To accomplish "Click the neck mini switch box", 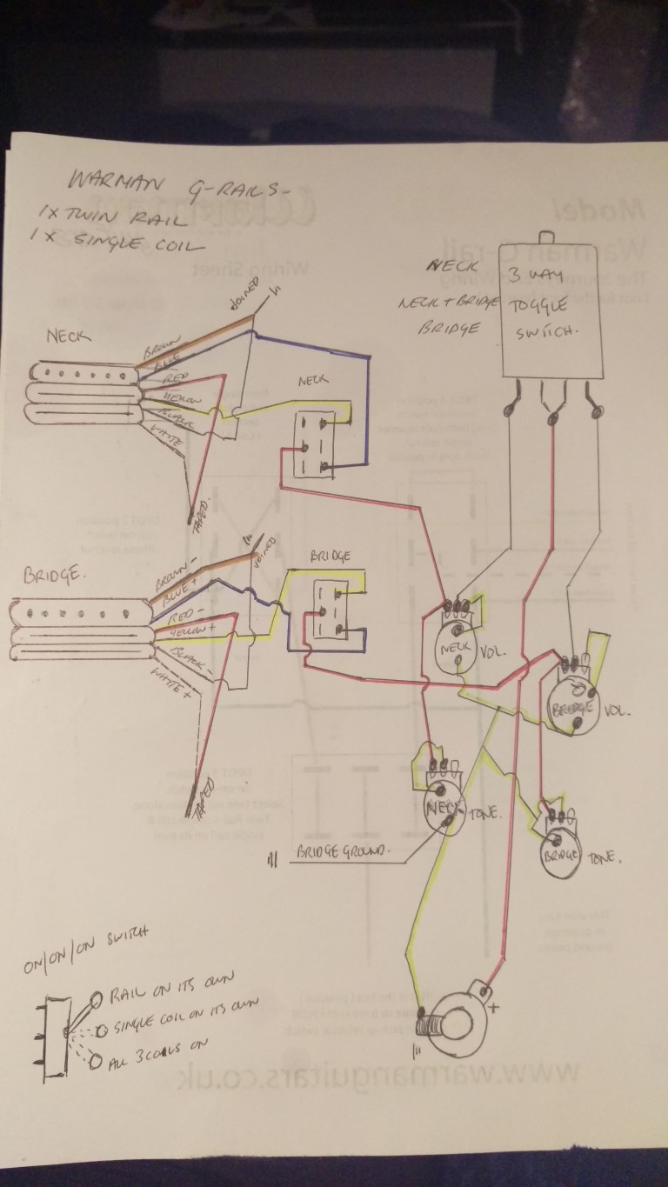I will click(x=311, y=444).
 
